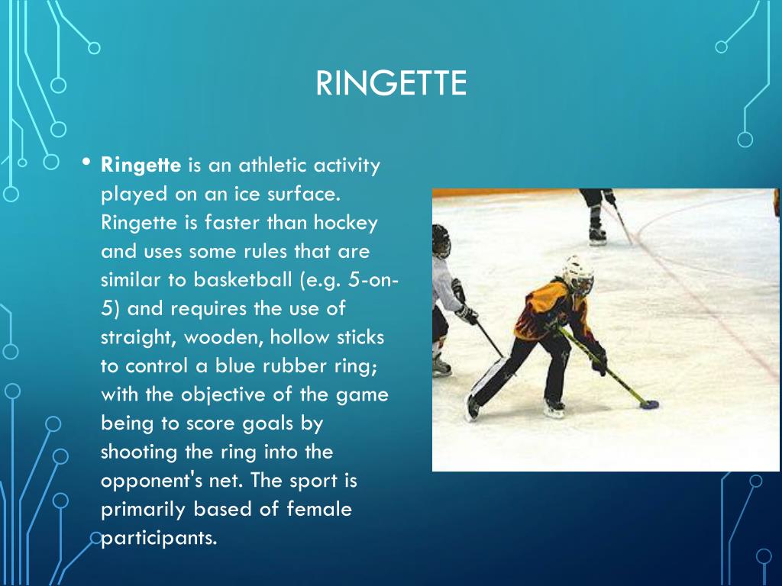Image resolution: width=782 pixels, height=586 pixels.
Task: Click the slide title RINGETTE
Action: tap(391, 83)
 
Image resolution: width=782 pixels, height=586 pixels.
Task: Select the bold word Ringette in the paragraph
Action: tap(141, 165)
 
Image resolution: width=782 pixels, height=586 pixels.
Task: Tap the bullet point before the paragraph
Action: tap(87, 163)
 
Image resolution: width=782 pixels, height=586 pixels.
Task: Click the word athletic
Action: tap(272, 165)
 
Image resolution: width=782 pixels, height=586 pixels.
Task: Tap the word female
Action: tap(319, 509)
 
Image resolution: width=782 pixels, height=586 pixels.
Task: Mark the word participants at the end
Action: tap(159, 538)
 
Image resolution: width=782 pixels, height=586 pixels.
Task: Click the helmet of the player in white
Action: tap(441, 240)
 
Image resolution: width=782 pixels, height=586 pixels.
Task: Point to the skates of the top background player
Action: tap(597, 234)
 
